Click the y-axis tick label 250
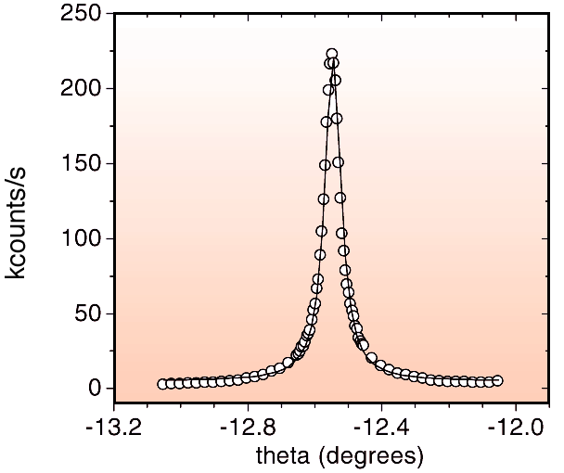(83, 14)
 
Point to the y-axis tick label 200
(83, 89)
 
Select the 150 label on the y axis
(83, 164)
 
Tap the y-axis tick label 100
(83, 238)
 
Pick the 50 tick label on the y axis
(88, 313)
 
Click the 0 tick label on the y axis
(94, 389)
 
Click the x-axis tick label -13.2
(114, 430)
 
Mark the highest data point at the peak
(332, 55)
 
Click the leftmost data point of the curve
(162, 384)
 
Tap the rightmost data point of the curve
(498, 380)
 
